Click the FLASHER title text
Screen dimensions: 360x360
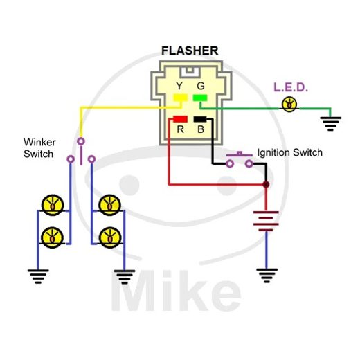click(189, 51)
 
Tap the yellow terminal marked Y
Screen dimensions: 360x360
click(179, 99)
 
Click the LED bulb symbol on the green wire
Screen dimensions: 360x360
click(289, 105)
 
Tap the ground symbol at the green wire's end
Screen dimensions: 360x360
click(331, 124)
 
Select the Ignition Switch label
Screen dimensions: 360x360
click(289, 152)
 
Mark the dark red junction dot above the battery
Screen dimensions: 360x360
click(266, 185)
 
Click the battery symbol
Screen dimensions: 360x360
click(266, 221)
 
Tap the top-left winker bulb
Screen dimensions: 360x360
click(51, 204)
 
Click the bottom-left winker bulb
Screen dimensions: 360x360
click(51, 237)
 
